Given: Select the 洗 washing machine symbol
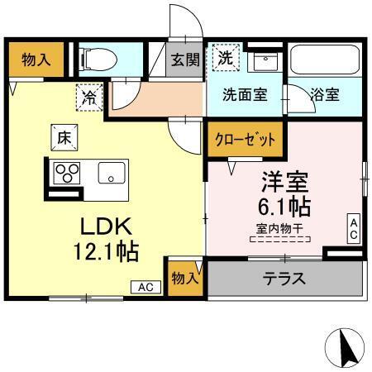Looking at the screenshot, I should coord(225,58).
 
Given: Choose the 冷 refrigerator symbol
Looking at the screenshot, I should coord(89,97).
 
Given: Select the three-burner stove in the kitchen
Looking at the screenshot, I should coord(65,173).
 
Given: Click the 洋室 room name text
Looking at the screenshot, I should coord(284,180).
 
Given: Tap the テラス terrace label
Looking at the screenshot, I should coord(285,279).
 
